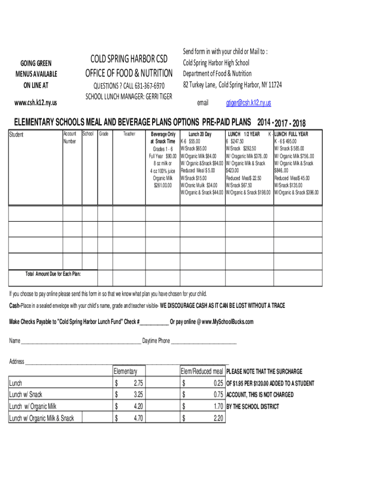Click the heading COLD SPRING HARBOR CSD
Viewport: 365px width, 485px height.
coord(129,59)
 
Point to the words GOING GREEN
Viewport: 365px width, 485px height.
coord(36,63)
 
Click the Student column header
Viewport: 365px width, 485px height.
coord(17,135)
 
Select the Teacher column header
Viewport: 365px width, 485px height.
coord(129,134)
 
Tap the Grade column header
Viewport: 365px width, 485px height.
coord(104,134)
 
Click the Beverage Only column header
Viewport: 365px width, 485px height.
coord(163,134)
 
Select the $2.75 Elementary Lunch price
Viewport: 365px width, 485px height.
coord(138,383)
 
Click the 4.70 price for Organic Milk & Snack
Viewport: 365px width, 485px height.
coord(138,418)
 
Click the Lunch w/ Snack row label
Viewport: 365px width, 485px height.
coord(26,395)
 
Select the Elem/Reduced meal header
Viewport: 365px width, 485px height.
coord(201,371)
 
